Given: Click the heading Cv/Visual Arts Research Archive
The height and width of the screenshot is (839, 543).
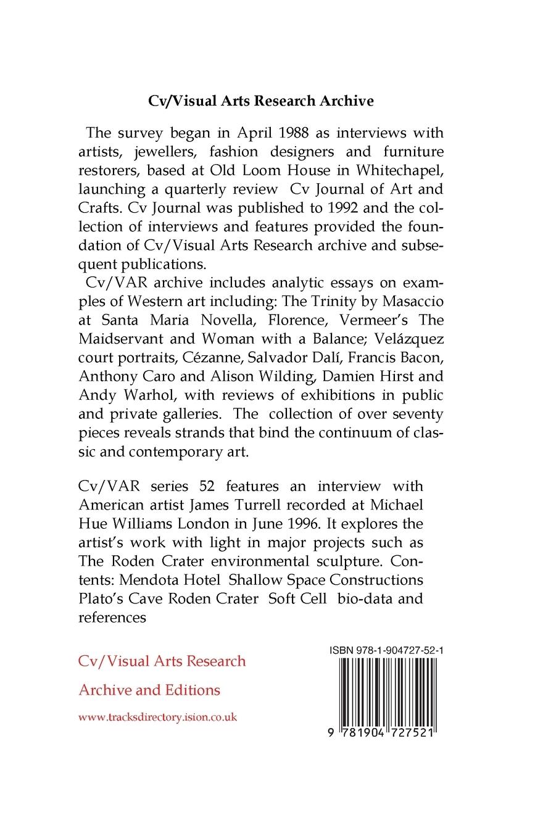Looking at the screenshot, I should tap(261, 101).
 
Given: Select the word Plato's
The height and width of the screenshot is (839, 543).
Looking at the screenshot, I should tap(103, 598).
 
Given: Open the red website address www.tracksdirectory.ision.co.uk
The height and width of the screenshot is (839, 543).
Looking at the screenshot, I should tap(158, 717).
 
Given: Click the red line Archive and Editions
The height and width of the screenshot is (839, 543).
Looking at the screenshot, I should tap(149, 690).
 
